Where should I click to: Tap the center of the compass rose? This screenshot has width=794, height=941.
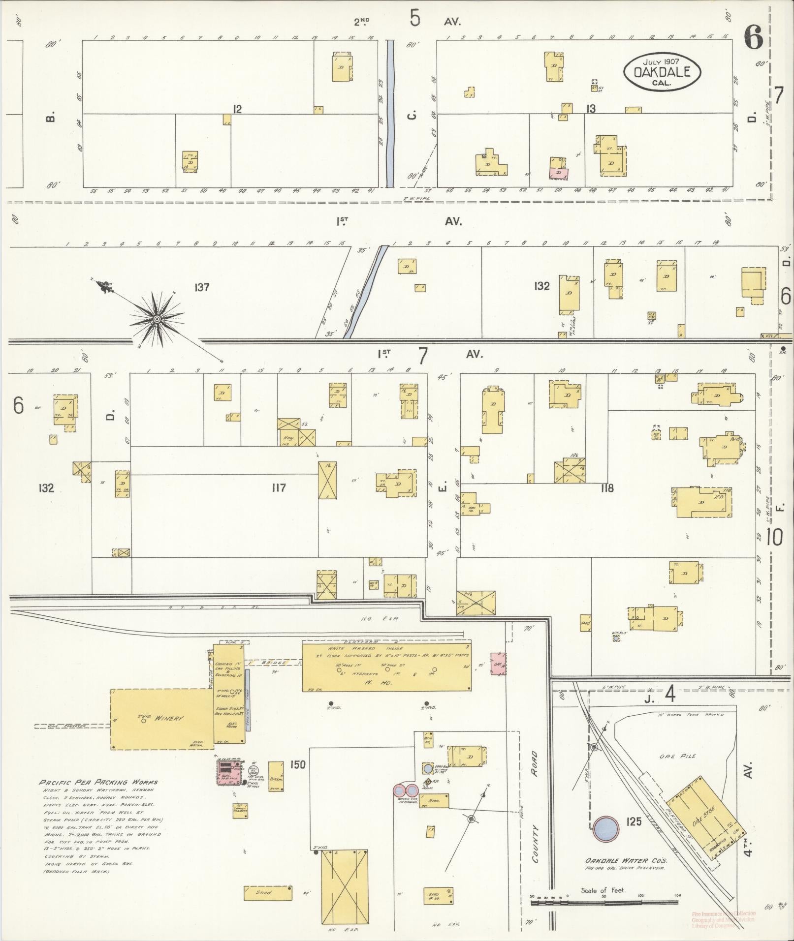pos(157,320)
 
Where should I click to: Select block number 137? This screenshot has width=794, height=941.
pos(202,287)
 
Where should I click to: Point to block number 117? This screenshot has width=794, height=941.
pos(279,488)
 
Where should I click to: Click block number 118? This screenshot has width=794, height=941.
pos(607,488)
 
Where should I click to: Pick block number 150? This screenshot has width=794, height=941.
pos(297,764)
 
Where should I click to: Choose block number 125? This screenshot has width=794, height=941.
pos(634,821)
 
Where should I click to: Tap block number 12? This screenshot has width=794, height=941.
pos(237,109)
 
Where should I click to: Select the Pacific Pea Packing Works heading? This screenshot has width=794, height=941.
pos(98,782)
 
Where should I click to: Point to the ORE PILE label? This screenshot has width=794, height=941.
pos(678,756)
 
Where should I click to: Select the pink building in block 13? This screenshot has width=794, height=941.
pos(559,174)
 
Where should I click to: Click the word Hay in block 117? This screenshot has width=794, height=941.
pos(286,437)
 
